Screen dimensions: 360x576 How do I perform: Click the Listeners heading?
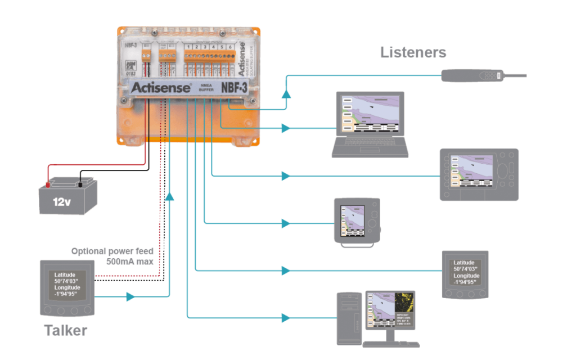413,53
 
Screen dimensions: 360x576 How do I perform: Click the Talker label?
66,331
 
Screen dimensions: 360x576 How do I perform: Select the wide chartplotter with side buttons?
479,174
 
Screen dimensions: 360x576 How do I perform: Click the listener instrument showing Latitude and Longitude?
466,274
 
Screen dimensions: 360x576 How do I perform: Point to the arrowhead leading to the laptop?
286,129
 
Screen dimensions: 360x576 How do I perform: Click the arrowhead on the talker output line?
131,296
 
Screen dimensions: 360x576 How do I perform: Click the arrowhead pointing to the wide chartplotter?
286,177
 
